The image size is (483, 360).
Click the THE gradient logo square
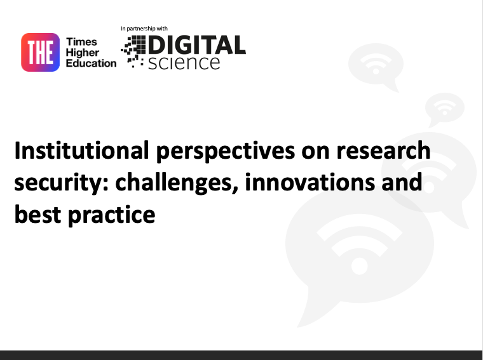tap(41, 52)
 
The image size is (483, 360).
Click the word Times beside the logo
tap(82, 42)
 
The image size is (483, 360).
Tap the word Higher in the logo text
tap(83, 52)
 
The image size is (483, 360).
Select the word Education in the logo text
tap(92, 63)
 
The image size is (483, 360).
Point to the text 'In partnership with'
tap(144, 29)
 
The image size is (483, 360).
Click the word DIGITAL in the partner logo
tap(196, 45)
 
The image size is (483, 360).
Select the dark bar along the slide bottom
tap(241, 354)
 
